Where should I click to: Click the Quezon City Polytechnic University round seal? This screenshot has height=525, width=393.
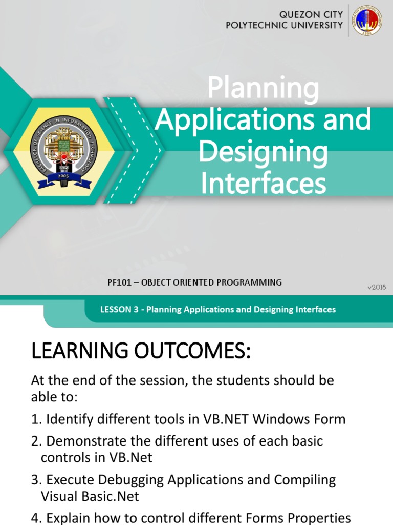(x=367, y=21)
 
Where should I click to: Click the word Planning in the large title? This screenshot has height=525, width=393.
(x=263, y=88)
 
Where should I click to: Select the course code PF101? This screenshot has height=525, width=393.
(x=117, y=282)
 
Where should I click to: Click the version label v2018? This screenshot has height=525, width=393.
(x=376, y=287)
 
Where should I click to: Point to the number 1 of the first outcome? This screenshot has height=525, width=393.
(x=35, y=419)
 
